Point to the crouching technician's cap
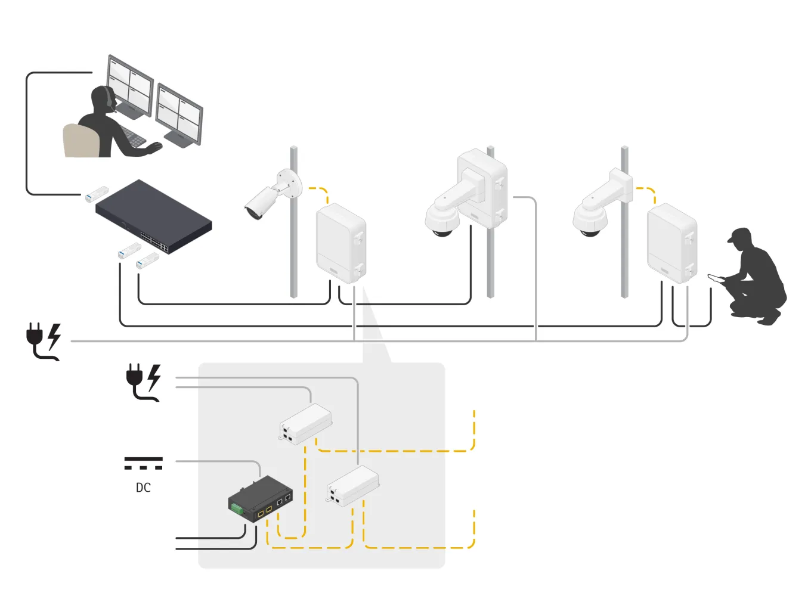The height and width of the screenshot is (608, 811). (739, 234)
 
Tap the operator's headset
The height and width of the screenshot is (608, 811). (108, 98)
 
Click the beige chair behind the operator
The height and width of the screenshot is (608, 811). (81, 142)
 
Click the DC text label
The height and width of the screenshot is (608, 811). (143, 488)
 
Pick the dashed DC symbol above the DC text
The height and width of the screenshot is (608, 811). (143, 463)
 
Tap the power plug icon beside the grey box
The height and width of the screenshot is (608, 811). (144, 382)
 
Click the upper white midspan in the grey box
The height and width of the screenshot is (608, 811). (306, 423)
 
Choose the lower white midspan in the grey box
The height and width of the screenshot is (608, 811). (353, 485)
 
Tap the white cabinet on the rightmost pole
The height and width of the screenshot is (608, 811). (672, 243)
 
